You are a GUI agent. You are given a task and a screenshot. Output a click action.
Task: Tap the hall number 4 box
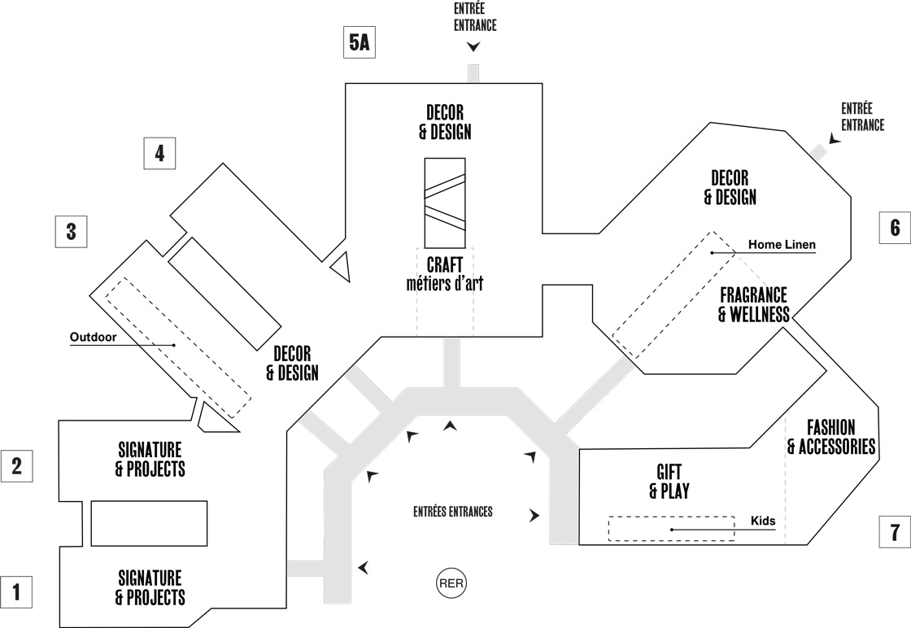(x=159, y=153)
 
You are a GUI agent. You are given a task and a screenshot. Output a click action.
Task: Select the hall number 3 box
(x=71, y=232)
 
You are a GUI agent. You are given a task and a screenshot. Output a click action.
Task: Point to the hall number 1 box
(x=17, y=592)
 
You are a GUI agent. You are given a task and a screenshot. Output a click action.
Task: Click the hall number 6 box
(x=895, y=228)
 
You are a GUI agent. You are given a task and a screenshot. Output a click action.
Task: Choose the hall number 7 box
(x=895, y=533)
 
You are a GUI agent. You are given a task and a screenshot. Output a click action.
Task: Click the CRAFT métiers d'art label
(x=444, y=274)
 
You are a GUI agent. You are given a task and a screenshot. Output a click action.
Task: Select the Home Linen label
(x=782, y=244)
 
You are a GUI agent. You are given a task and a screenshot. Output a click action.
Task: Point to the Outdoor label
(x=94, y=336)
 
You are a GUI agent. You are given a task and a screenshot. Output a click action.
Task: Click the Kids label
(x=762, y=520)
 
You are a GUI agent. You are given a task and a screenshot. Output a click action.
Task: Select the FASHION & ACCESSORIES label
(x=830, y=437)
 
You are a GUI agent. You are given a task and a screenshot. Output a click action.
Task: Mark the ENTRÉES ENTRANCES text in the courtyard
(x=453, y=512)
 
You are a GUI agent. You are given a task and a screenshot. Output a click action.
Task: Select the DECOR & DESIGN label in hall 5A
(x=445, y=121)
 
